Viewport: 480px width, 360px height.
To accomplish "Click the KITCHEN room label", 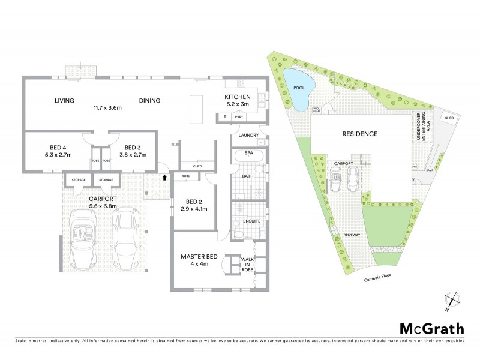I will click(x=236, y=97).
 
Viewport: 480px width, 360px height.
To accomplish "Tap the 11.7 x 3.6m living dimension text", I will click(x=107, y=108).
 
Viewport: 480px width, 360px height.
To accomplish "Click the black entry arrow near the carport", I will click(x=164, y=178).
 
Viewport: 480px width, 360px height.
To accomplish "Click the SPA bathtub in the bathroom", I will click(x=247, y=155).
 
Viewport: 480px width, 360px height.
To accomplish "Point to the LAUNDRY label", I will click(x=248, y=136).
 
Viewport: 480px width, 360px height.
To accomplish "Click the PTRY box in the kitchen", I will click(x=238, y=117).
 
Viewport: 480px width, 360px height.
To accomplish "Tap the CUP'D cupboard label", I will click(x=197, y=166).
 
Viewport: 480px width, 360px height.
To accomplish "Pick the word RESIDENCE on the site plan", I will click(x=360, y=134).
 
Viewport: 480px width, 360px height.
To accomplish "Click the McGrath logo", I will click(x=431, y=328).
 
